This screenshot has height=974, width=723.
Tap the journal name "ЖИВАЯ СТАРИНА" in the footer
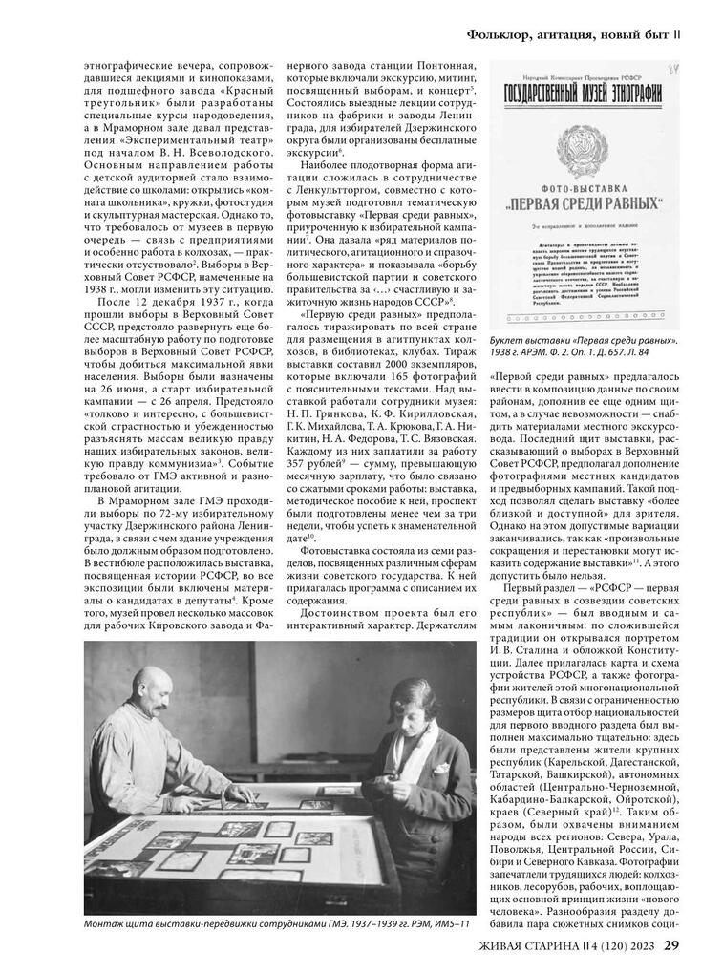[x=539, y=946]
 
